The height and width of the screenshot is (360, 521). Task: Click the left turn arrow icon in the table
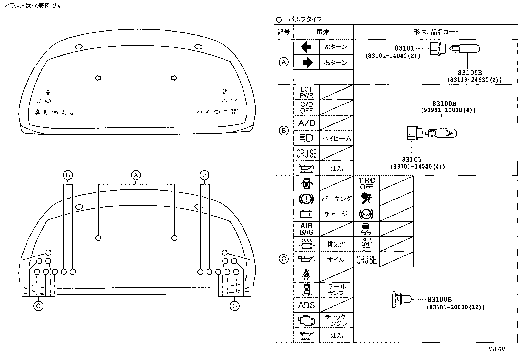306,47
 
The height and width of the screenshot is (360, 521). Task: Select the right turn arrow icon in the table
306,62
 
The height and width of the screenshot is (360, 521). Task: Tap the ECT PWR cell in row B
306,92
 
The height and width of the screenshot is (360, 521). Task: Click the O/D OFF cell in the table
306,107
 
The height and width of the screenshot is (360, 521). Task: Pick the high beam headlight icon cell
306,138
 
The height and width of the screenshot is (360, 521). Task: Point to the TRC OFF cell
367,184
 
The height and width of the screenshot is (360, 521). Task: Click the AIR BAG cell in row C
306,229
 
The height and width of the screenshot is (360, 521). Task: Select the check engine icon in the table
306,320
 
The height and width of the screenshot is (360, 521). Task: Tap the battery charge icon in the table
306,214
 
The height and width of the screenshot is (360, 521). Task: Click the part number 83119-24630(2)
474,80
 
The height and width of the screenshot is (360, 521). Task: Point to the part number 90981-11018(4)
448,110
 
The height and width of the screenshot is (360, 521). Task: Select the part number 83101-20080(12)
455,307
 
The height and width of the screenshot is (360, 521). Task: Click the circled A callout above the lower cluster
136,175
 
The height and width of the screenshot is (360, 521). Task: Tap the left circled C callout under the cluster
39,306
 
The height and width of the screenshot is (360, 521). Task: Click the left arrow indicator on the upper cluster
98,78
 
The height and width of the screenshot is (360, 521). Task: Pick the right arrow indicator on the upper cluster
174,78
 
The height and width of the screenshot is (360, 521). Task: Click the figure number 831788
496,349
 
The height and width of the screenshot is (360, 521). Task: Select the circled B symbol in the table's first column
284,131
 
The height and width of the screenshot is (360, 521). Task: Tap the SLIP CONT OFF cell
367,244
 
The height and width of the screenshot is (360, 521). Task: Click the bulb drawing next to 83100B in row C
402,299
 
